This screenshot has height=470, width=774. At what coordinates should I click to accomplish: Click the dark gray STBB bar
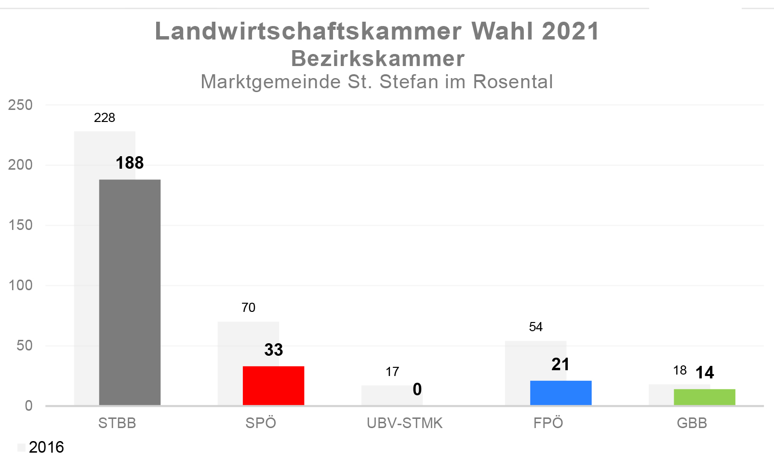click(x=130, y=293)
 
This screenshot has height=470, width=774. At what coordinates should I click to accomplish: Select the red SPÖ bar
click(x=273, y=386)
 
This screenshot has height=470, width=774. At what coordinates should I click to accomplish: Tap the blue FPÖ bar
click(x=561, y=393)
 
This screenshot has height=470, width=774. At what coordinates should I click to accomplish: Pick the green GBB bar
click(x=705, y=397)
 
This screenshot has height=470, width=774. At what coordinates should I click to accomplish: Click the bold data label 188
click(x=130, y=163)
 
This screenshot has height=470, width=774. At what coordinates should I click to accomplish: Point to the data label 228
click(x=105, y=118)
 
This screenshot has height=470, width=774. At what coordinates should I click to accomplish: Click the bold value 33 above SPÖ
click(x=274, y=350)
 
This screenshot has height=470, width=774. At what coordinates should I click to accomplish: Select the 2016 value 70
click(x=248, y=308)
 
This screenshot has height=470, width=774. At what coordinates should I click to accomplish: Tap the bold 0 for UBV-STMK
click(x=417, y=389)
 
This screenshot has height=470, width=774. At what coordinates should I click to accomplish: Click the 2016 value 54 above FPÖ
click(x=536, y=327)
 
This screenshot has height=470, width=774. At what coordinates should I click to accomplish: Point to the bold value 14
click(x=705, y=373)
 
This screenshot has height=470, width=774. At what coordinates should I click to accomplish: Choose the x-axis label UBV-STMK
click(x=405, y=423)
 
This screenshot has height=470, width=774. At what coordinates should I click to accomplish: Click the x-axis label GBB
click(x=692, y=423)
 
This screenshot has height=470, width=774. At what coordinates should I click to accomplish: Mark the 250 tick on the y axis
click(x=20, y=105)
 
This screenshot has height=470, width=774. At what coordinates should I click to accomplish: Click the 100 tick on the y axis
click(x=20, y=285)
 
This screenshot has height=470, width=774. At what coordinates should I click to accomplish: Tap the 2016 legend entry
click(x=41, y=447)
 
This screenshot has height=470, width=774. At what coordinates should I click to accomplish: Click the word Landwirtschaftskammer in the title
click(x=308, y=31)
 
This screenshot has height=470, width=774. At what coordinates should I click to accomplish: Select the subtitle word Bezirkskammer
click(x=378, y=59)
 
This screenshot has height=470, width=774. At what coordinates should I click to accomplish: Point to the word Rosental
click(x=513, y=82)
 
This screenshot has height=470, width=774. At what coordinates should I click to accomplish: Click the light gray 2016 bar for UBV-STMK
click(x=392, y=395)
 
